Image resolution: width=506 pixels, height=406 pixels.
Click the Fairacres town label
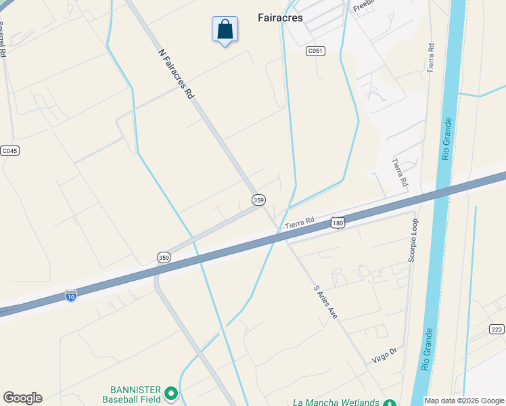click(x=280, y=18)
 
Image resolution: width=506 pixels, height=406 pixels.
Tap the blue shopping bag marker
click(x=225, y=30)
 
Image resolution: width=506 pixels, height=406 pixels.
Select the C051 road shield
click(x=315, y=51)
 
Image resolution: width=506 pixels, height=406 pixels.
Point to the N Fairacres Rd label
click(x=176, y=74)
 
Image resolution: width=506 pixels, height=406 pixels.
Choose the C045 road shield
click(x=9, y=151)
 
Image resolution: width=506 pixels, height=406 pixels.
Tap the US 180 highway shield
click(x=338, y=223)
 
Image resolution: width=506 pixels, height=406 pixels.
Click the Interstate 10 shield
click(x=71, y=295)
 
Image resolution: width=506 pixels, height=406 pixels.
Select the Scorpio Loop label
click(x=413, y=240)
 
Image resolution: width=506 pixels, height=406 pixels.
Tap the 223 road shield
click(x=497, y=329)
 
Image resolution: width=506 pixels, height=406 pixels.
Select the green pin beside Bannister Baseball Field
click(x=172, y=392)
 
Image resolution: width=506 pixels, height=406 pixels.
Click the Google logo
click(x=22, y=398)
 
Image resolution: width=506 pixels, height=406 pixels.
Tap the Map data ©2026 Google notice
click(x=464, y=401)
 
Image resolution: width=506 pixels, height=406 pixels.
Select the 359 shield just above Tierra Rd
click(x=258, y=200)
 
